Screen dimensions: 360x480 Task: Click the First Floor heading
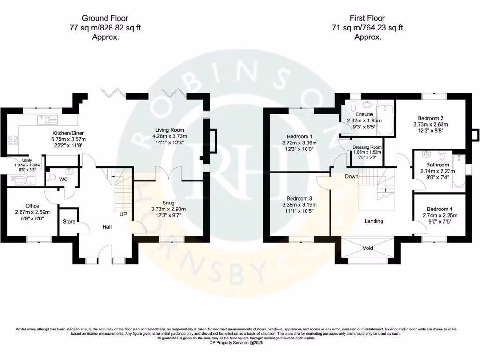367,18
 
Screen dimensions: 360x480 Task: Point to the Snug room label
169,202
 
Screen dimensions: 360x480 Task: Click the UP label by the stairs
123,214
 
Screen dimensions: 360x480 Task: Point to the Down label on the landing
351,177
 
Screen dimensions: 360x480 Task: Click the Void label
368,247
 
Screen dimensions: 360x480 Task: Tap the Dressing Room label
367,147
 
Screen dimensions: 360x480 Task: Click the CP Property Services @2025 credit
240,343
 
